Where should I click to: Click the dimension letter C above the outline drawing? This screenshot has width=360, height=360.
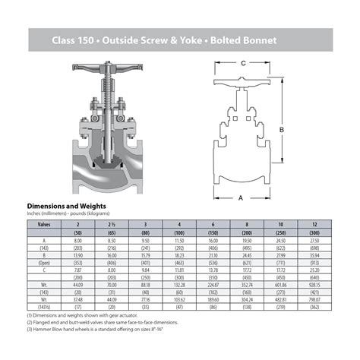point(243,62)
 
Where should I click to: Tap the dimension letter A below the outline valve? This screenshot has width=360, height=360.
point(241,197)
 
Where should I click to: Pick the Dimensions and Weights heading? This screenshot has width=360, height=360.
point(66,206)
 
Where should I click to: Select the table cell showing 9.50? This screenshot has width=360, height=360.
point(146,239)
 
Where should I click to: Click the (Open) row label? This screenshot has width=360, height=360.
point(44,263)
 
